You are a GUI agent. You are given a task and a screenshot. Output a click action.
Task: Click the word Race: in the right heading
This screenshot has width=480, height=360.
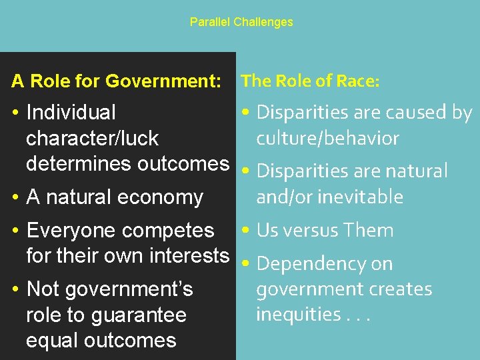[x=358, y=81]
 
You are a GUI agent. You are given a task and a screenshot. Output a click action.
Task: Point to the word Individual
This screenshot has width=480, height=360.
[x=71, y=113]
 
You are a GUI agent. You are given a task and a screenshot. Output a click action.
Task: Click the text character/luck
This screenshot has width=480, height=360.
[x=92, y=139]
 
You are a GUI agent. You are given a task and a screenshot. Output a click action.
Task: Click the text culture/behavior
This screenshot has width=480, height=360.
[x=327, y=139]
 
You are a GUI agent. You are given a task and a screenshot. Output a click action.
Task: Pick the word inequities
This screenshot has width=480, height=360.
[x=298, y=315]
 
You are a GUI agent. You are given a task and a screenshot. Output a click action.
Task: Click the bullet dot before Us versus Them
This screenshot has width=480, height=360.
[x=246, y=231]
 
